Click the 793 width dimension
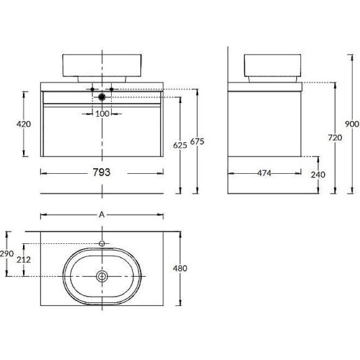101,172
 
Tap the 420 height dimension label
24,124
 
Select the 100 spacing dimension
102,114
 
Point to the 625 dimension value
180,145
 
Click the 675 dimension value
197,142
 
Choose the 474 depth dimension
264,173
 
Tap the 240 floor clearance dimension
318,174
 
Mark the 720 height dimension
335,138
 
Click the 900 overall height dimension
352,124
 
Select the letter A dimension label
101,215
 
